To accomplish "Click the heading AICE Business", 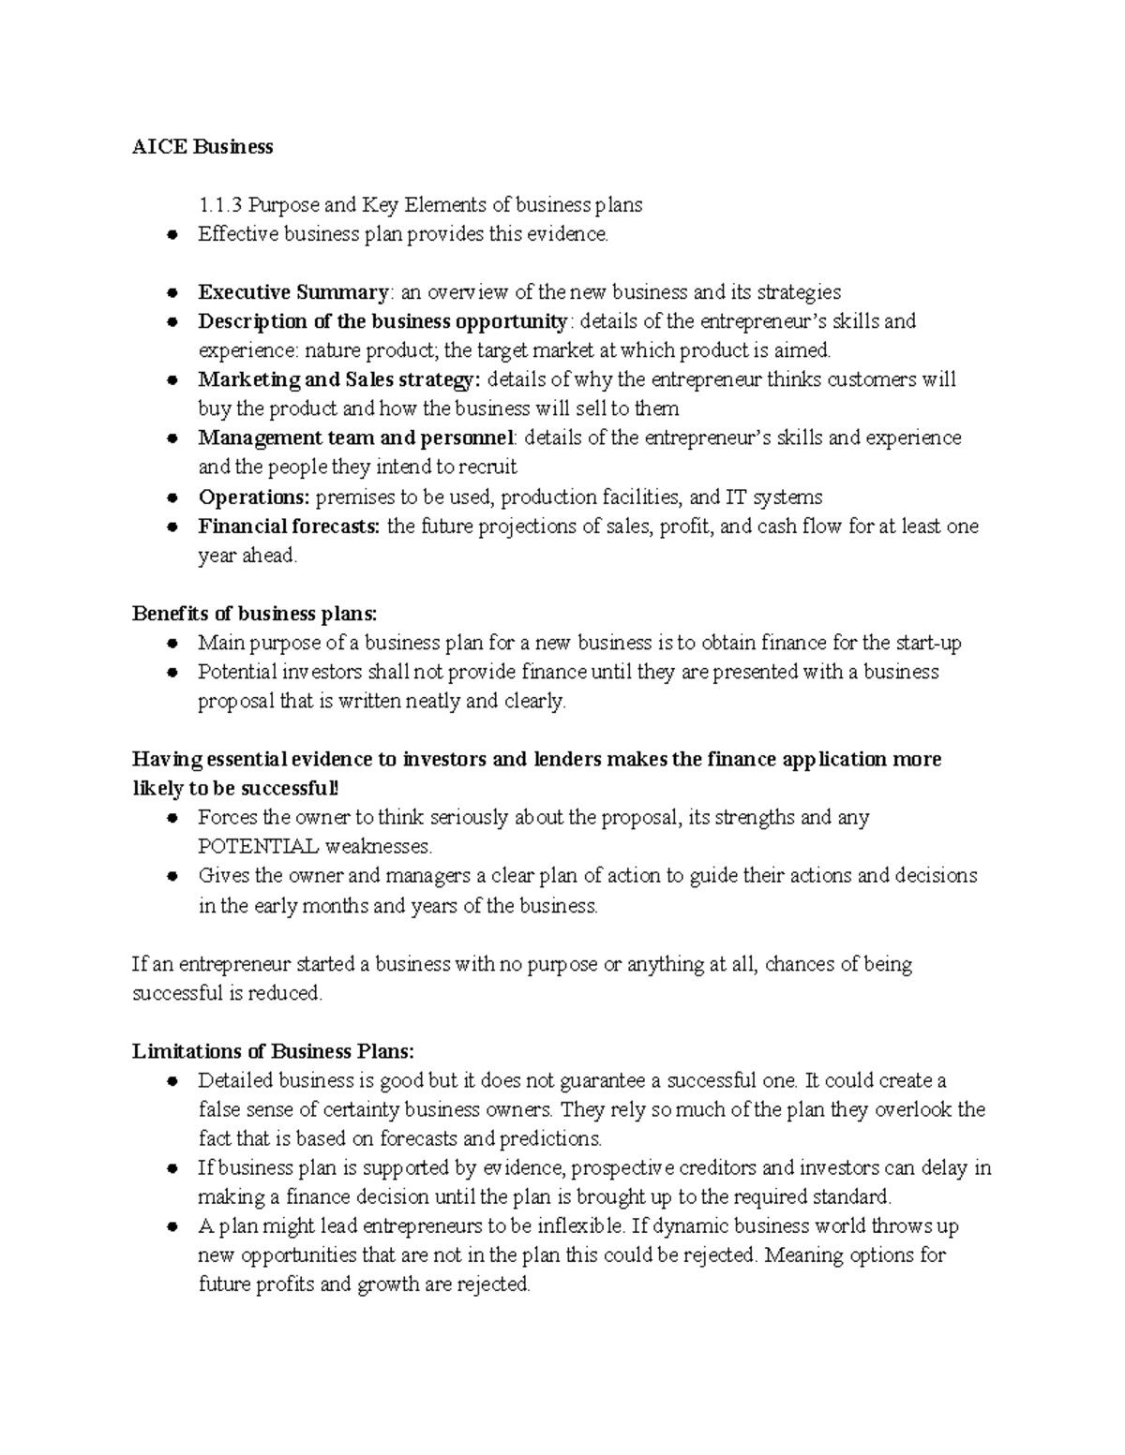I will coord(202,146).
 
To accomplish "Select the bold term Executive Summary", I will coord(292,292).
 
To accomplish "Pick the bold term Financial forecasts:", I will coord(289,527).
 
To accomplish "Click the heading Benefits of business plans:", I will coord(255,614).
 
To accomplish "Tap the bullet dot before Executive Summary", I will coord(172,293).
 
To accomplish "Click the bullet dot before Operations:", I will coord(172,497).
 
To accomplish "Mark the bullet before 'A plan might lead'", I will coord(172,1226).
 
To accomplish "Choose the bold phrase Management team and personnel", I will coord(355,438).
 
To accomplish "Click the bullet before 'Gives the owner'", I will coord(172,877).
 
